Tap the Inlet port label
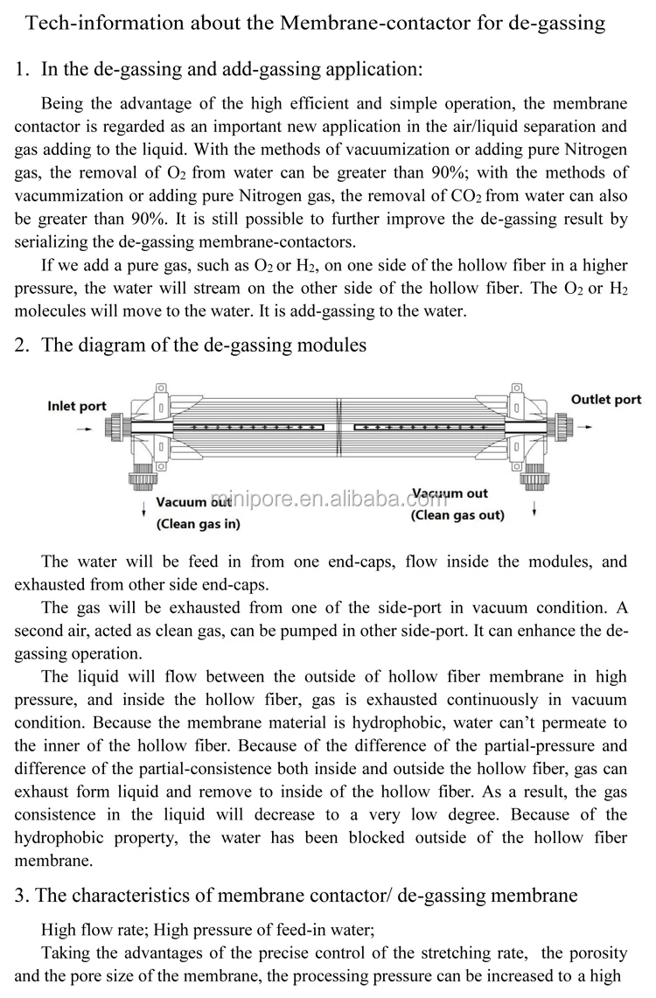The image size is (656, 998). pyautogui.click(x=77, y=407)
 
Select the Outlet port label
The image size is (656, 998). pyautogui.click(x=606, y=400)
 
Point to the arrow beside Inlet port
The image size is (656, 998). pyautogui.click(x=82, y=429)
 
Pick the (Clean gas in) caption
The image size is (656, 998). pyautogui.click(x=198, y=525)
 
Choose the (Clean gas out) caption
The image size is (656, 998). pyautogui.click(x=457, y=515)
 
